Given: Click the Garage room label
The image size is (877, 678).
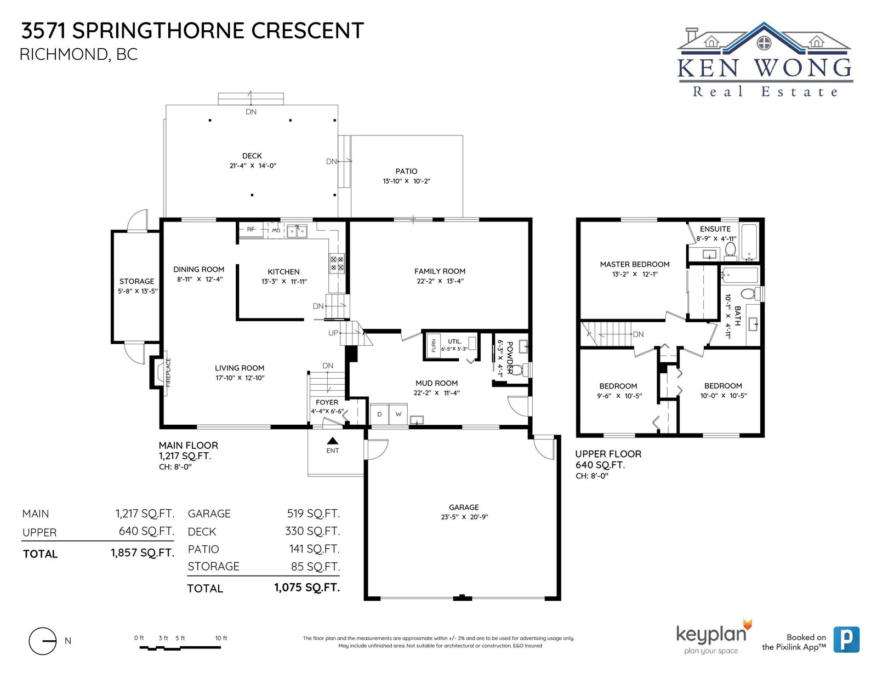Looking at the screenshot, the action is [464, 508].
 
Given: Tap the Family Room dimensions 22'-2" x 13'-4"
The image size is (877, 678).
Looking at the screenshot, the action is [440, 281].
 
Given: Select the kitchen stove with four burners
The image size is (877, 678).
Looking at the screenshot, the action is [337, 263].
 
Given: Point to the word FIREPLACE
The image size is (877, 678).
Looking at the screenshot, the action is [168, 373].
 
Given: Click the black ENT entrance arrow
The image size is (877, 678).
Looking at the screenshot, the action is [332, 440].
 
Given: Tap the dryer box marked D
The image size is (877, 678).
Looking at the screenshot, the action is [379, 414].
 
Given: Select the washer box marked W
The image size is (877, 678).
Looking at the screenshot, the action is [398, 414].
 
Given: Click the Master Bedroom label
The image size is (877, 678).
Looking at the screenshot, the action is [634, 264].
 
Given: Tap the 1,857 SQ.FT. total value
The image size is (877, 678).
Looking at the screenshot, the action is [143, 553].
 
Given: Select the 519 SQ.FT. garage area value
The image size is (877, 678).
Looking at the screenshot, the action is [314, 514].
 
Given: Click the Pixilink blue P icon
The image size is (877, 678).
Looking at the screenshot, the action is [846, 640].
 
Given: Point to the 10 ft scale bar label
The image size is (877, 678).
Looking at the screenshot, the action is [221, 638].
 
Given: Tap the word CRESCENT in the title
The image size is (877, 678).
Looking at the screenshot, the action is [307, 31].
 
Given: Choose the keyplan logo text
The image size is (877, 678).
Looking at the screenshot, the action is [711, 634].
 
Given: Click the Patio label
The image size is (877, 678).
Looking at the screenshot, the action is [406, 172].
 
